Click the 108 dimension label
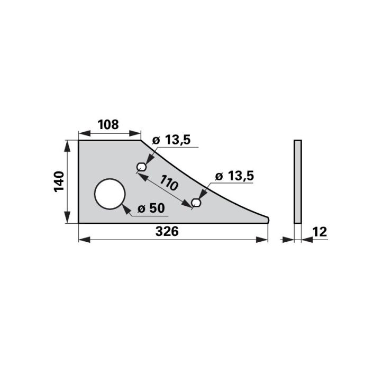tap(108, 124)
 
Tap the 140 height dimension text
tap(59, 181)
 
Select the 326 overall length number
tap(167, 231)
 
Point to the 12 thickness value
tap(320, 232)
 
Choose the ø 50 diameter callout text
tap(151, 208)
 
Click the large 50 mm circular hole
tap(110, 194)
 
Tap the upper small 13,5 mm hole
tap(141, 167)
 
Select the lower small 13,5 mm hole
tap(196, 203)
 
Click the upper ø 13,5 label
tap(171, 140)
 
